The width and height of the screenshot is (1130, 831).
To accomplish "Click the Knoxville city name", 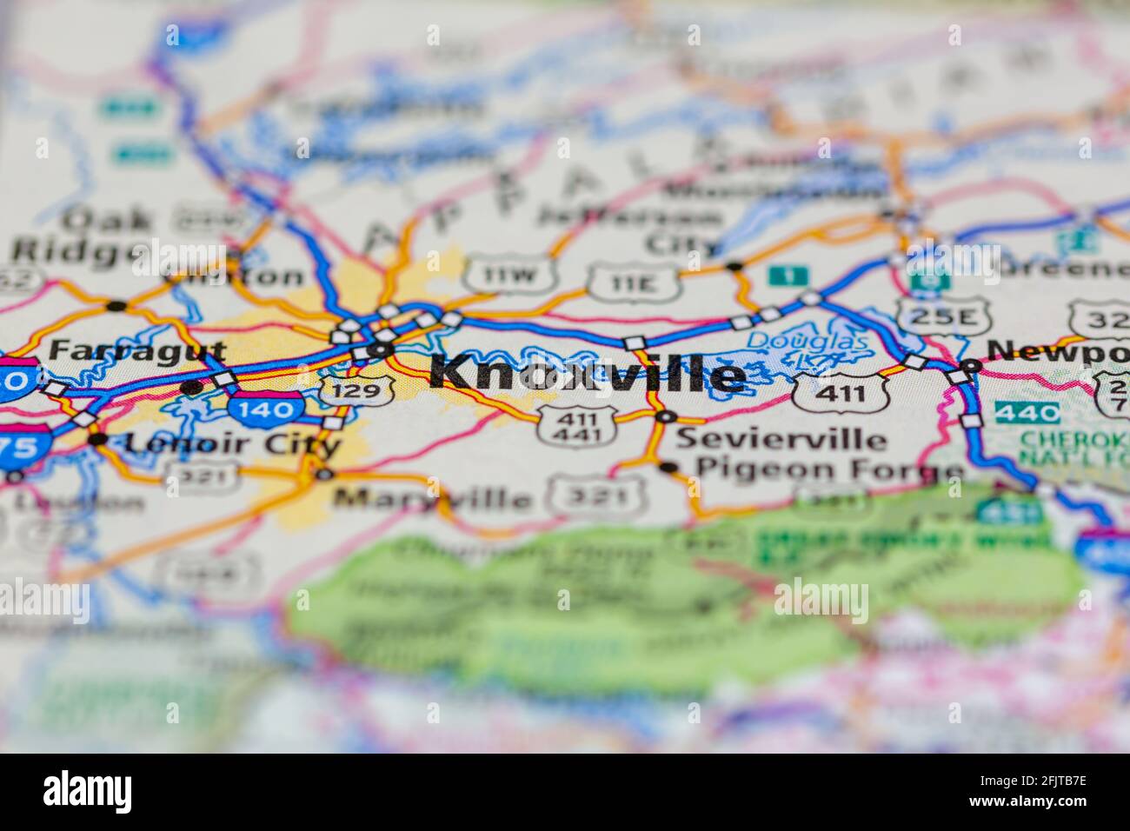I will pyautogui.click(x=588, y=375).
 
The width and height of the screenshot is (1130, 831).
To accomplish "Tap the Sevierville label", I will pyautogui.click(x=781, y=438).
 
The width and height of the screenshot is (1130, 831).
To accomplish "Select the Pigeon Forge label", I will pyautogui.click(x=830, y=470).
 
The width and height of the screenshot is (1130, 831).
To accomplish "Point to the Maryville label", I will pyautogui.click(x=432, y=499).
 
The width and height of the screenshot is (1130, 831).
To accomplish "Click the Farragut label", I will pyautogui.click(x=137, y=351).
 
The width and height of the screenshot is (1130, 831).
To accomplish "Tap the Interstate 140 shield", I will pyautogui.click(x=266, y=405).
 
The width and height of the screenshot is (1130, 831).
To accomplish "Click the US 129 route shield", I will pyautogui.click(x=356, y=390).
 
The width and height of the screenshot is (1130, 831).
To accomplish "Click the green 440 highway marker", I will pyautogui.click(x=1027, y=412).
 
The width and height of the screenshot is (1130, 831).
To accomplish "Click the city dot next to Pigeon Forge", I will pyautogui.click(x=668, y=468).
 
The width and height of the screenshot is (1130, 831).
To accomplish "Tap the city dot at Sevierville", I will pyautogui.click(x=666, y=418).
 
